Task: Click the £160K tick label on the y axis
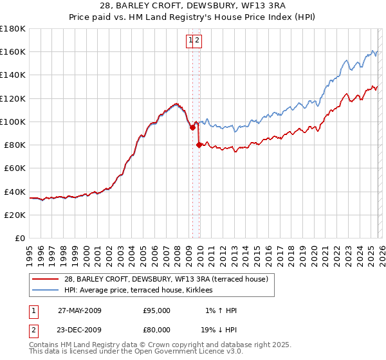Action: pyautogui.click(x=13, y=51)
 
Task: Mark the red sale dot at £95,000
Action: pyautogui.click(x=192, y=127)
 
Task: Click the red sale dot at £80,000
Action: pyautogui.click(x=199, y=145)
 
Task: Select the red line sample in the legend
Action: pyautogui.click(x=46, y=278)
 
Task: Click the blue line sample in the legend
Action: pyautogui.click(x=46, y=291)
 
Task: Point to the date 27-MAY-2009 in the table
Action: pyautogui.click(x=80, y=310)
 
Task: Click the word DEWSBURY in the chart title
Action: pyautogui.click(x=174, y=6)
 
